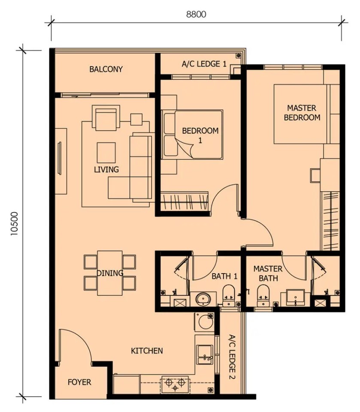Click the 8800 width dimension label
coord(196,14)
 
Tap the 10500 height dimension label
coord(15,224)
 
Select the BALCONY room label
coord(106,69)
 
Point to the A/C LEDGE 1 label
coord(204,64)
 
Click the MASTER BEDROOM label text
coord(302,113)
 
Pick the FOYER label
coord(79,382)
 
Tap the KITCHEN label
coord(147,351)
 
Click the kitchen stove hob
coord(175,385)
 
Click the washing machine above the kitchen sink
coord(204,322)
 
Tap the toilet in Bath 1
coord(229,295)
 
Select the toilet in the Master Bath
coord(263,295)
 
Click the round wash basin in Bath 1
coord(203,299)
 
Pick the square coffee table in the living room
coord(106,153)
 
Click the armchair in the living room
coord(106,118)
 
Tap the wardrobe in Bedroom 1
coord(185,201)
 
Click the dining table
coord(110,273)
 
